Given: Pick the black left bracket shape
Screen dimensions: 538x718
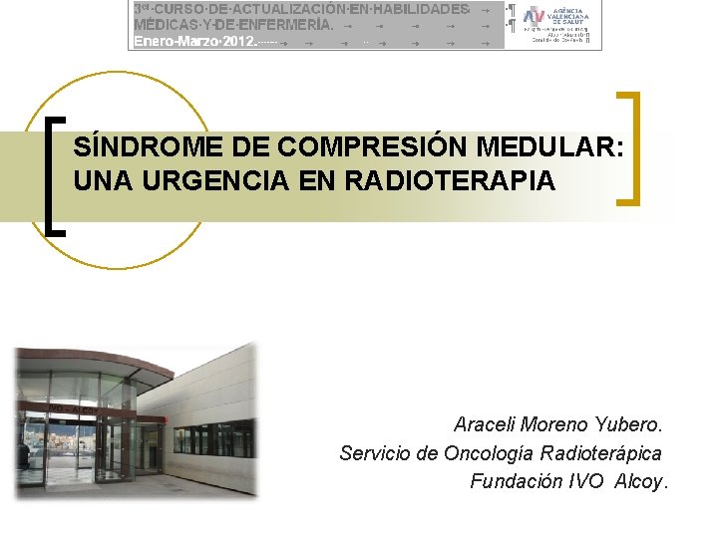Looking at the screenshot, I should [56, 176].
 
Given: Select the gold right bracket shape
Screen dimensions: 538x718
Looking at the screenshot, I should [629, 148].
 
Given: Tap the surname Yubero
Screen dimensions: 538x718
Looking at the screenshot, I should [630, 424].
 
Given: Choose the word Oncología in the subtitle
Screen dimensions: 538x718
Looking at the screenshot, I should [489, 453].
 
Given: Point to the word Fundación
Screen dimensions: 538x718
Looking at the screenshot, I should [516, 482].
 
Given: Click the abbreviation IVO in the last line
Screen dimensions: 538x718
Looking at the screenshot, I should [586, 482].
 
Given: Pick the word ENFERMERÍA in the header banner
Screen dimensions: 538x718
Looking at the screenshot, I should [273, 25].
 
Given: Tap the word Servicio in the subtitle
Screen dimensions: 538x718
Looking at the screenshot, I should [376, 453].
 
